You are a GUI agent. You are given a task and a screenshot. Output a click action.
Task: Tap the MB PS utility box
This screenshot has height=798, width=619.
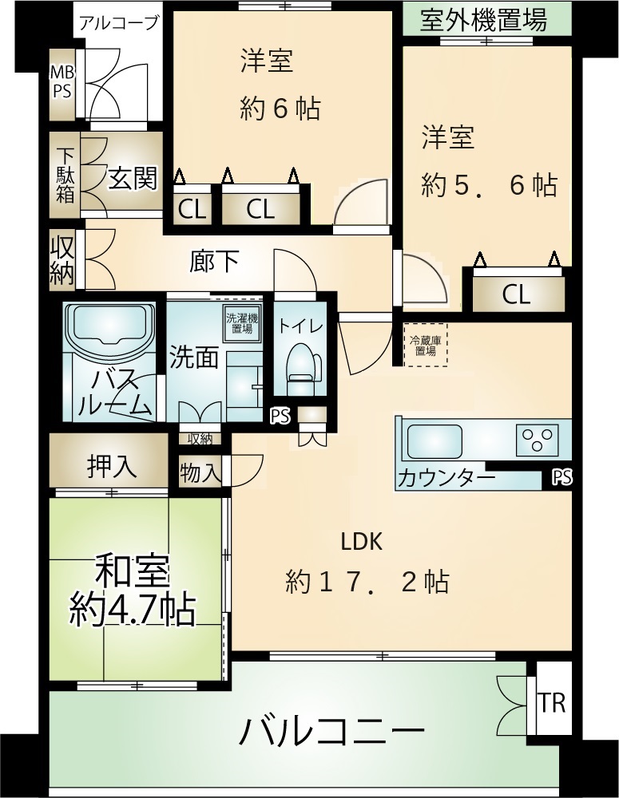pyautogui.click(x=62, y=85)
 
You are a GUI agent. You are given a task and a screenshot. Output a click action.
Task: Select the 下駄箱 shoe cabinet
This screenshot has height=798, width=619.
pyautogui.click(x=65, y=175)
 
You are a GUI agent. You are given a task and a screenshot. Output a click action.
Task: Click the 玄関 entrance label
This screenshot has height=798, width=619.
pyautogui.click(x=133, y=178)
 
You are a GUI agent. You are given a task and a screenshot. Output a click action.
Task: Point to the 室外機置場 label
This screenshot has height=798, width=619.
pyautogui.click(x=483, y=20)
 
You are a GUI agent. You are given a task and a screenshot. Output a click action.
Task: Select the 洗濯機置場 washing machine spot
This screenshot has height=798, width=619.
pyautogui.click(x=242, y=323)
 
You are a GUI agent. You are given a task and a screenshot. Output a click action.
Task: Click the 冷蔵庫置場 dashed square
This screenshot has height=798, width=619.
pyautogui.click(x=426, y=345)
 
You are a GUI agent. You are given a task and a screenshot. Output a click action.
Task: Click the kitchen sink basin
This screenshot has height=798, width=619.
pyautogui.click(x=434, y=440)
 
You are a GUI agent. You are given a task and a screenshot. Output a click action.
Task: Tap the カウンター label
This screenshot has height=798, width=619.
pyautogui.click(x=446, y=478)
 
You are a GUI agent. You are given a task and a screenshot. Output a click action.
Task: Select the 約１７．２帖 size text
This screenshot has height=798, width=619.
pyautogui.click(x=367, y=582)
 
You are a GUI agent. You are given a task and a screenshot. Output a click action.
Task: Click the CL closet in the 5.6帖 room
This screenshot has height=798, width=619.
pyautogui.click(x=518, y=294)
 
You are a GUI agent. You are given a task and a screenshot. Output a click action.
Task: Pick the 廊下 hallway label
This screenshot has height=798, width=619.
pyautogui.click(x=215, y=262)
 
